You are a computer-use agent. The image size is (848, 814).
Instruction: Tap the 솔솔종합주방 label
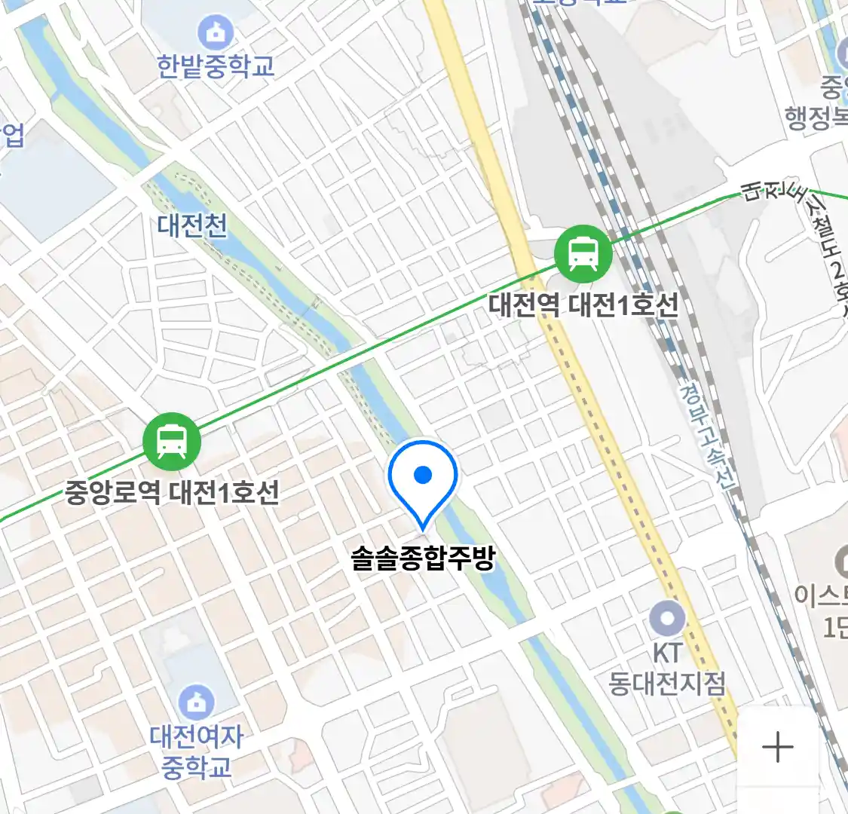(423, 558)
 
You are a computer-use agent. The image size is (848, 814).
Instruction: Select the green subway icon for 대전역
(583, 253)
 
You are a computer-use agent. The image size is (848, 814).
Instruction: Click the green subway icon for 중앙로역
(172, 442)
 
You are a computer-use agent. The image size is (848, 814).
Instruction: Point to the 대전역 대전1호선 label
(583, 304)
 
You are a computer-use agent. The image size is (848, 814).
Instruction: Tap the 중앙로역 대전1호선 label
(172, 493)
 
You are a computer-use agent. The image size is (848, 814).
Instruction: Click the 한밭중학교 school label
(216, 66)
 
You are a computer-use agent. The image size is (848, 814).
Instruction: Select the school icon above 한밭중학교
(216, 33)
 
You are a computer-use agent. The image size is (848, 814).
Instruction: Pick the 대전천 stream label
(192, 225)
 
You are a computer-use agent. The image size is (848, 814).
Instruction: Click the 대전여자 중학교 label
(196, 751)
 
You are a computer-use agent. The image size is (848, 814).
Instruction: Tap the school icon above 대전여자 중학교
(196, 702)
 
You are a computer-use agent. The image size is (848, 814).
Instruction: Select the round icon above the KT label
(667, 620)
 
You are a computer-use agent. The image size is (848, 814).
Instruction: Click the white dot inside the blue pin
(423, 474)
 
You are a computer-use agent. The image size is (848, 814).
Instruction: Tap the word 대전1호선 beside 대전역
(623, 304)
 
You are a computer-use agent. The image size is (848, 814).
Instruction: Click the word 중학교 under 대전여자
(196, 767)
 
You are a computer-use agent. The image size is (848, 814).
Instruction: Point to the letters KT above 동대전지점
(667, 653)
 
